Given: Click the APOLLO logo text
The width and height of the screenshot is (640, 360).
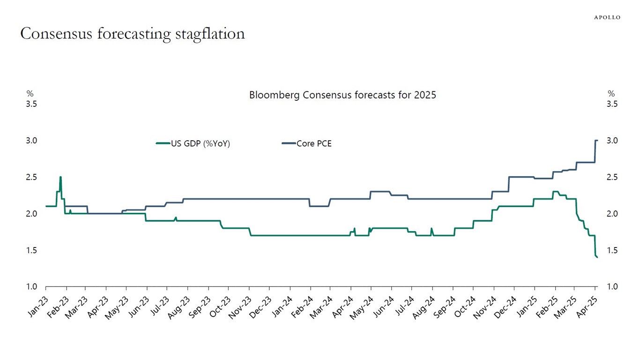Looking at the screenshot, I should [x=607, y=17].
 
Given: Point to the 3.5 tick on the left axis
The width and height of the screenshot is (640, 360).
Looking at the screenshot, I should [x=31, y=104].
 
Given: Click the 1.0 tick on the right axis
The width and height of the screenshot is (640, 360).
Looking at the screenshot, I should [x=612, y=287].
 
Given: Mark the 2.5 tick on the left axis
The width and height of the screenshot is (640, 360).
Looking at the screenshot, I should [x=31, y=177].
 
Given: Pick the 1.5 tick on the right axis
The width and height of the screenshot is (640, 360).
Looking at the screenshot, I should [x=612, y=250].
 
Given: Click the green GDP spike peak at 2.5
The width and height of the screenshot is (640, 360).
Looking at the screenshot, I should [x=60, y=177].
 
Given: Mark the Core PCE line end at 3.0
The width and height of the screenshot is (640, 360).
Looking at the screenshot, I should [x=596, y=141].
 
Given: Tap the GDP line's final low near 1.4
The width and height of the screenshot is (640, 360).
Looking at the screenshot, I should [x=597, y=257].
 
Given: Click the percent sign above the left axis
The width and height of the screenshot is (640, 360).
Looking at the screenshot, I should [x=30, y=94].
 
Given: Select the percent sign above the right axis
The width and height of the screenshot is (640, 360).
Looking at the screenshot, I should [x=611, y=94].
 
